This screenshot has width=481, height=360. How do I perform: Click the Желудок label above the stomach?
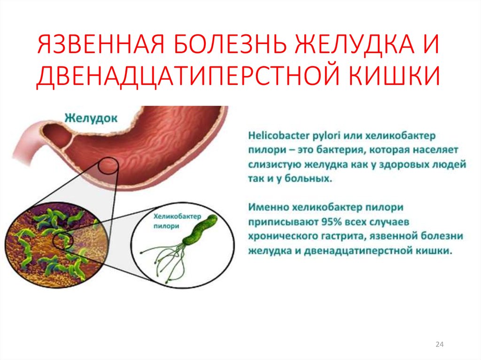(x=91, y=118)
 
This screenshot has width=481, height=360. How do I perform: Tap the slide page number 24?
(x=439, y=345)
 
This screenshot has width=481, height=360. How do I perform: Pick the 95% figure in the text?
(x=331, y=222)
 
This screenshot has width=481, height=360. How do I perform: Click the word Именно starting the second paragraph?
(x=268, y=207)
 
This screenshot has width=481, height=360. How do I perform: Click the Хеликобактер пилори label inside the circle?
(x=177, y=221)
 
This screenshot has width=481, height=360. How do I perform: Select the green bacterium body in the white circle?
(x=200, y=230)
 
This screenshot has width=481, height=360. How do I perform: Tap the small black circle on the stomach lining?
(x=108, y=166)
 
